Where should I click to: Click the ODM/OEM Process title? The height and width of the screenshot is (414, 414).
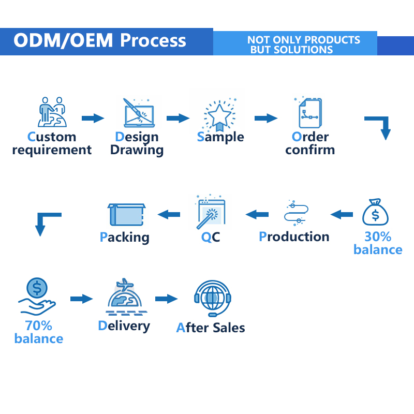pyautogui.click(x=100, y=40)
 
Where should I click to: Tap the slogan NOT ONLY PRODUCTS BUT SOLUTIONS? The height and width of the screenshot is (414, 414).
pyautogui.click(x=304, y=45)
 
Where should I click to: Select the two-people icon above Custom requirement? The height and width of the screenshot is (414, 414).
pyautogui.click(x=52, y=112)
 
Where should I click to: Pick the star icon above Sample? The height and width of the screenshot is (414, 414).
pyautogui.click(x=219, y=115)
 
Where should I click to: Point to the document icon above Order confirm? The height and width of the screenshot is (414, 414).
pyautogui.click(x=309, y=113)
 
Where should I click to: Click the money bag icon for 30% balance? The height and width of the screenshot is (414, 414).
pyautogui.click(x=375, y=212)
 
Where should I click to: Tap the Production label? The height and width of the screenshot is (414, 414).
pyautogui.click(x=294, y=236)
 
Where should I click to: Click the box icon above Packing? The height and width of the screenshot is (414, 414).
pyautogui.click(x=126, y=214)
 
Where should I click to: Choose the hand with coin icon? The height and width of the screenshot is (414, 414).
pyautogui.click(x=37, y=296)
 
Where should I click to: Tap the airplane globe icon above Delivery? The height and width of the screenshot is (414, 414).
pyautogui.click(x=126, y=297)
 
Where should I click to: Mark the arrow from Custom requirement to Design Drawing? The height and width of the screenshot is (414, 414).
pyautogui.click(x=93, y=118)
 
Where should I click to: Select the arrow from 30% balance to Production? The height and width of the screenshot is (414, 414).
pyautogui.click(x=342, y=214)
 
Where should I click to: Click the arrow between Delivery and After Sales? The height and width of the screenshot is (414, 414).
pyautogui.click(x=166, y=299)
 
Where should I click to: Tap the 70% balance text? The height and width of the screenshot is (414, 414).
pyautogui.click(x=39, y=332)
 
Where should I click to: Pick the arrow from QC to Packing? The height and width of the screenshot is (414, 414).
pyautogui.click(x=169, y=214)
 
